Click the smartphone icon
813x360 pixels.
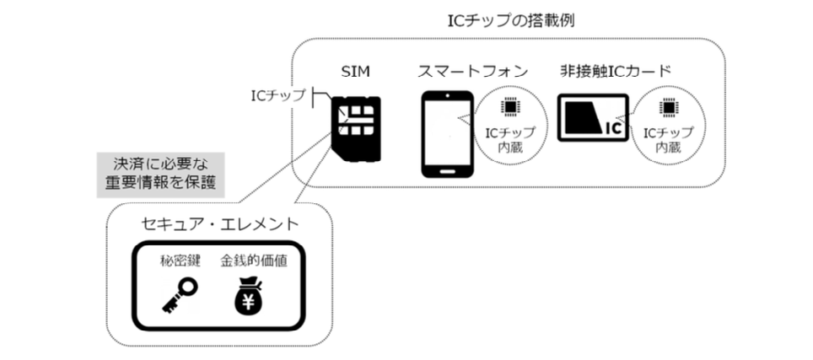click(444, 132)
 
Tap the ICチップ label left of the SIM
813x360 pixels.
click(280, 94)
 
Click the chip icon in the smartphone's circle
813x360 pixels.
click(509, 108)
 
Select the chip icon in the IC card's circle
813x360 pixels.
click(668, 108)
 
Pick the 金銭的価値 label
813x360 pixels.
click(253, 261)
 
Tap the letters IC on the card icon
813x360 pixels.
click(613, 128)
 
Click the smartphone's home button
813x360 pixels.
click(444, 167)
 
